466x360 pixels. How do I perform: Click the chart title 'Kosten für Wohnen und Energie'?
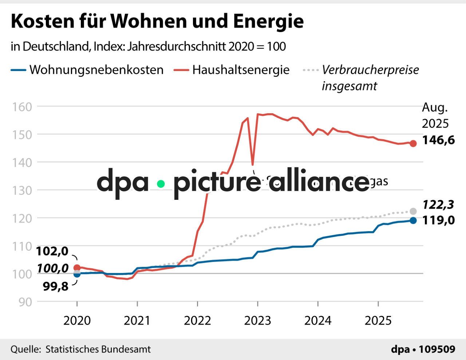pyautogui.click(x=157, y=21)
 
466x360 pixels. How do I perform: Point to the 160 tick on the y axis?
pyautogui.click(x=22, y=107)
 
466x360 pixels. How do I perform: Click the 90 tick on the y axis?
pyautogui.click(x=25, y=302)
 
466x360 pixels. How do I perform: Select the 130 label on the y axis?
pyautogui.click(x=22, y=190)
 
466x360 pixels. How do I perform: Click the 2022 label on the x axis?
pyautogui.click(x=197, y=321)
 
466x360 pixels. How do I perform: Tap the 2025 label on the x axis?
pyautogui.click(x=378, y=321)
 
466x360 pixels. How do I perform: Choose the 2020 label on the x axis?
pyautogui.click(x=77, y=321)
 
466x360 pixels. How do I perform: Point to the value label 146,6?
pyautogui.click(x=438, y=140)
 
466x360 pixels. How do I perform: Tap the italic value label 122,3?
pyautogui.click(x=438, y=205)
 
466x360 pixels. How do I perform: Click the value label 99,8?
pyautogui.click(x=56, y=286)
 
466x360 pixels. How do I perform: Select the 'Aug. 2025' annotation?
pyautogui.click(x=435, y=115)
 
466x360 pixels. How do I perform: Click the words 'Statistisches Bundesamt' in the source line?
pyautogui.click(x=98, y=349)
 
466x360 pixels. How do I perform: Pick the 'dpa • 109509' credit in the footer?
pyautogui.click(x=423, y=349)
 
